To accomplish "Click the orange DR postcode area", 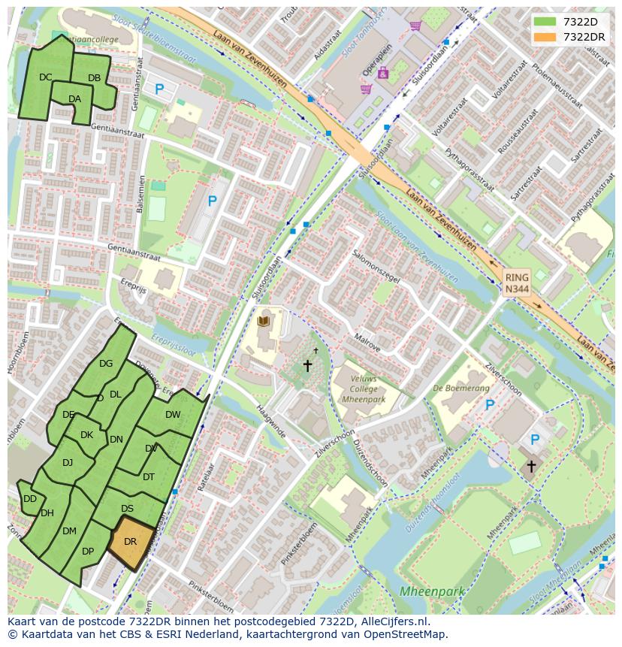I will [131, 542].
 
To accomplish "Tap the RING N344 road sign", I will [516, 283].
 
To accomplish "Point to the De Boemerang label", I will [460, 389].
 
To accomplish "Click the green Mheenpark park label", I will [431, 591].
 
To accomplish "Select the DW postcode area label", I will [173, 415].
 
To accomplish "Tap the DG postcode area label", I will [106, 364].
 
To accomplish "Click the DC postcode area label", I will [46, 77].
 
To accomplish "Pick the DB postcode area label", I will [94, 78].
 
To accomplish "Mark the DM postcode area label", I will [69, 531].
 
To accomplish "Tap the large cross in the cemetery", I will [306, 366].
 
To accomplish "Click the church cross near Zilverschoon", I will [531, 466].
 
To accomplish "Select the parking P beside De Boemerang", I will [490, 405].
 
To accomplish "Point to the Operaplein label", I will [378, 57].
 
